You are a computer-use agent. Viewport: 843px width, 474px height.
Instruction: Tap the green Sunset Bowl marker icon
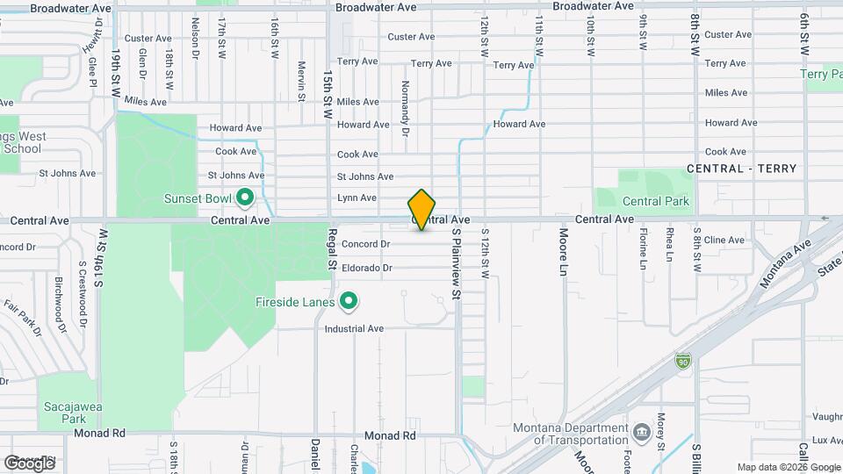246,197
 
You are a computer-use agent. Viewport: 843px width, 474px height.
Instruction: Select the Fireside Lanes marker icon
349,303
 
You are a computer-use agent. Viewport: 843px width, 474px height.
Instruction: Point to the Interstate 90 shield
683,361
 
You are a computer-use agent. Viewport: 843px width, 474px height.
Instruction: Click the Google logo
29,463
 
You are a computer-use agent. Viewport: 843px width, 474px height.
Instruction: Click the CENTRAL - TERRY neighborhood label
741,169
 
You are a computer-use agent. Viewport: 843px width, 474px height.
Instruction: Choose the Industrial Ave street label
355,329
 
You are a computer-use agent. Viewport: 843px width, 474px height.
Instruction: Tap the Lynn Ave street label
357,198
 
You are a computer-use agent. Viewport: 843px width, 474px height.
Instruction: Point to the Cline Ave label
724,240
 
